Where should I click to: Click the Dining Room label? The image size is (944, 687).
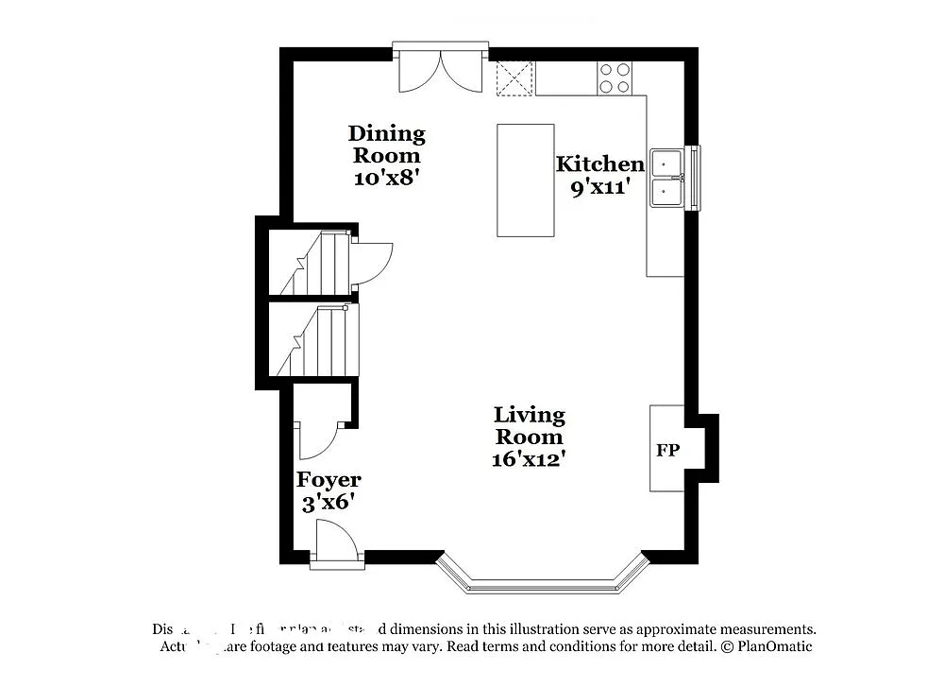tap(386, 144)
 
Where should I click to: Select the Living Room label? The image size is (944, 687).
tap(529, 425)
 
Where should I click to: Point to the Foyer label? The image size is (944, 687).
tap(329, 480)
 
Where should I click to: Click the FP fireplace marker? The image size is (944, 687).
tap(666, 449)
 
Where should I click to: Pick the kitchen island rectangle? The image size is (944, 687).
tap(526, 180)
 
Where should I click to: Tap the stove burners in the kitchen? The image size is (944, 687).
tap(615, 77)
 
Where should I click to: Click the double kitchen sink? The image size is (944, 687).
tap(668, 177)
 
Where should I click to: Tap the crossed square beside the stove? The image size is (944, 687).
tap(514, 77)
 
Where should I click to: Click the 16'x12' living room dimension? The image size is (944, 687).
tap(529, 460)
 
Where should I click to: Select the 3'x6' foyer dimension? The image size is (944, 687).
tap(328, 503)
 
